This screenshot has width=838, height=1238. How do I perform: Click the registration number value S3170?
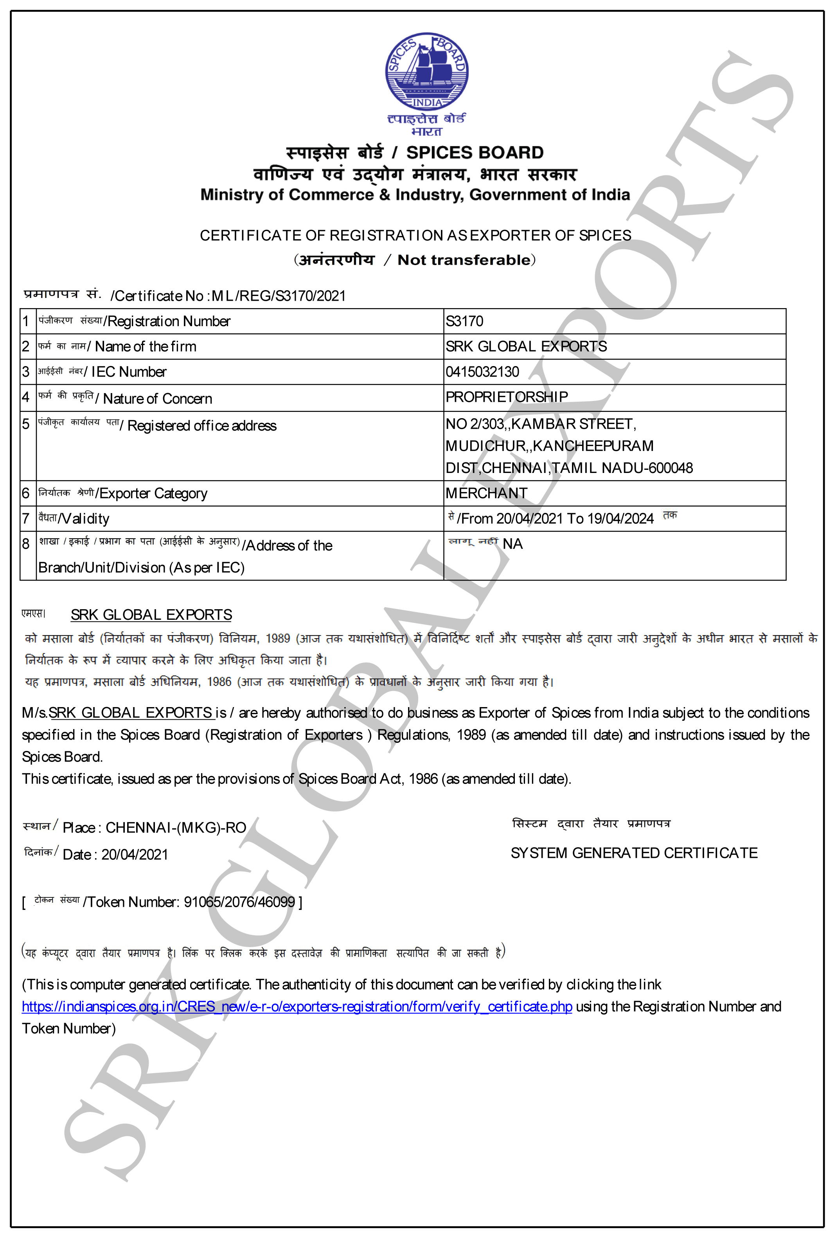(x=464, y=321)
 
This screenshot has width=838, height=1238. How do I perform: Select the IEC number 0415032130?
(x=482, y=372)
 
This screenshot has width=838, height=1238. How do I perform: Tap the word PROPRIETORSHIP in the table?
(x=506, y=397)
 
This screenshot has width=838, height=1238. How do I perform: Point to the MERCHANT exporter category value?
(x=486, y=493)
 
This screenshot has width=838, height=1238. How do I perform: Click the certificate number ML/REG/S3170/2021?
(x=279, y=296)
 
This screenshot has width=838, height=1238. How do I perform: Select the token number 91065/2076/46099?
(x=239, y=902)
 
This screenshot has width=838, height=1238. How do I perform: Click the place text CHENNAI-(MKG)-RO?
(x=176, y=827)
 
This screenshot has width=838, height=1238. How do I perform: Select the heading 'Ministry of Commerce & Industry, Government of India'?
(x=415, y=195)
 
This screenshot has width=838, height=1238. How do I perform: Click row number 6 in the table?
(x=25, y=493)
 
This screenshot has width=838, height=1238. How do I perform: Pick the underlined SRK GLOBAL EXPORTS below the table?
(x=151, y=615)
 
